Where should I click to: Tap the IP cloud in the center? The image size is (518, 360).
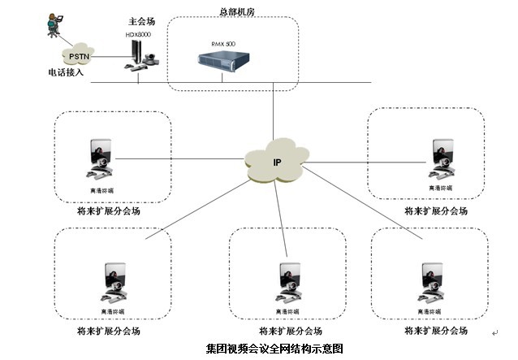276,163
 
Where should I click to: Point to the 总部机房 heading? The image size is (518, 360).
239,11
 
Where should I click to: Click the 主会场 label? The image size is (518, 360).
141,22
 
